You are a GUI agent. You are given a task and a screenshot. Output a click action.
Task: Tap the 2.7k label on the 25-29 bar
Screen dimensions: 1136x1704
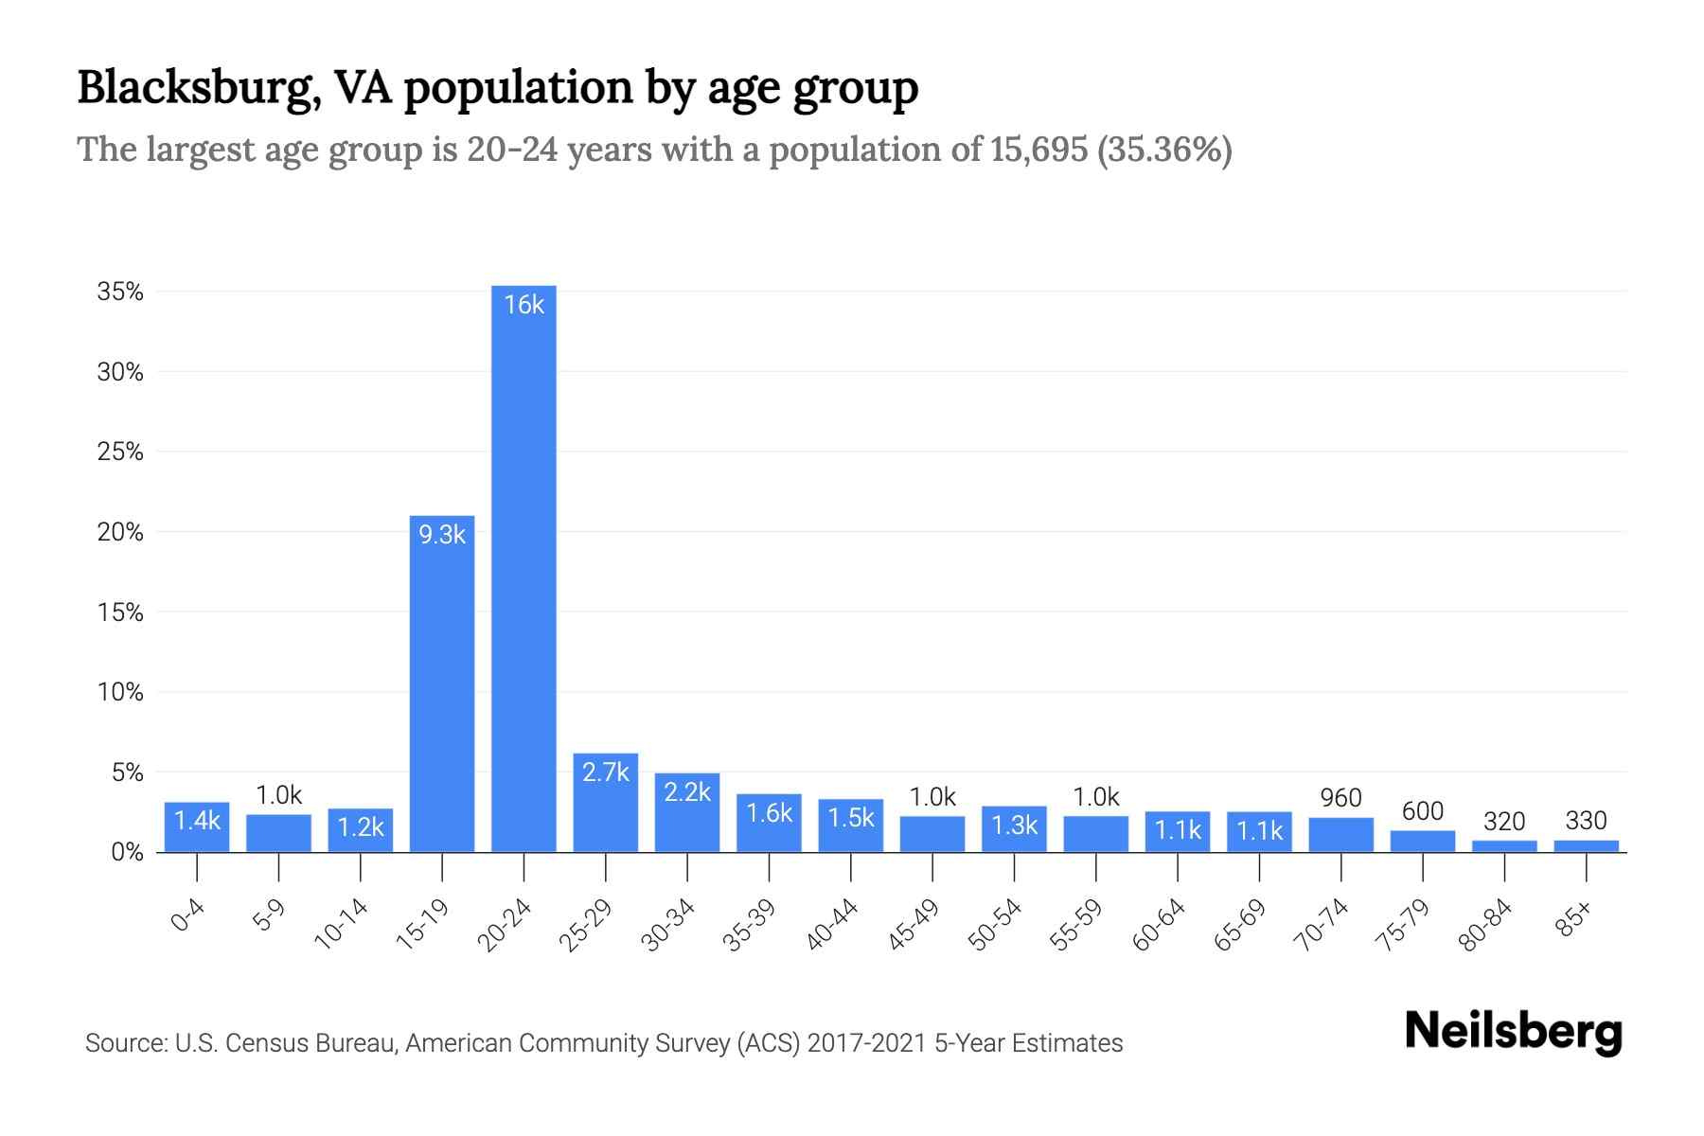(606, 772)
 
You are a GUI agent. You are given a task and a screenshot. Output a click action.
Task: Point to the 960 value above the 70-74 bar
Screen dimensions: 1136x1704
(1340, 798)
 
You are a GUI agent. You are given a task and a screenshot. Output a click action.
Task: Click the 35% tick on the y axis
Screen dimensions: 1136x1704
(120, 292)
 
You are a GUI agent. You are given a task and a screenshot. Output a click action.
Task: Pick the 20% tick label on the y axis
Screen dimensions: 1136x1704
(120, 532)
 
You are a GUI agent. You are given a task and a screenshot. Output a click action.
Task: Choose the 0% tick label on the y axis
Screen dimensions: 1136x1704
(127, 852)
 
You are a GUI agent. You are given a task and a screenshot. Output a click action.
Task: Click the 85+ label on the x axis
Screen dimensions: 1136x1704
(1574, 919)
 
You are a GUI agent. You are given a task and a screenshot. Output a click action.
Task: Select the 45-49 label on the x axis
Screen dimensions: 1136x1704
(914, 925)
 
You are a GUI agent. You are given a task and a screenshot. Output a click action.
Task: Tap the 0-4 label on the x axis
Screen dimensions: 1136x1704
(188, 916)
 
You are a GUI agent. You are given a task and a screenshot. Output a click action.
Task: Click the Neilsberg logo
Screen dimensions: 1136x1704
(1513, 1032)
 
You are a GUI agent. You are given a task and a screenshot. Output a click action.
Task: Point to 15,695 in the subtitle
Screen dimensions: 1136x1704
(1038, 150)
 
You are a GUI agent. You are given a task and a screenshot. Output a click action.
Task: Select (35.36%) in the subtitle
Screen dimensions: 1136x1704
(1164, 150)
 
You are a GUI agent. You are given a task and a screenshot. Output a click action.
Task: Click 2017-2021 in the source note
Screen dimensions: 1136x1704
(867, 1043)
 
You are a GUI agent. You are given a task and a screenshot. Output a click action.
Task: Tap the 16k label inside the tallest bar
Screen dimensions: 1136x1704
(524, 305)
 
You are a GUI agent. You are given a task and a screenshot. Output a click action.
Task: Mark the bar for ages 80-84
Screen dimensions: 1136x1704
(1504, 846)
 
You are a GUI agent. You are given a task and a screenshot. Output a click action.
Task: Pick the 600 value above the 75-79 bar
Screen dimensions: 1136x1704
(1422, 811)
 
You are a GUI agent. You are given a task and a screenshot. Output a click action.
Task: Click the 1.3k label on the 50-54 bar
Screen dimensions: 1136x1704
(1014, 825)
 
